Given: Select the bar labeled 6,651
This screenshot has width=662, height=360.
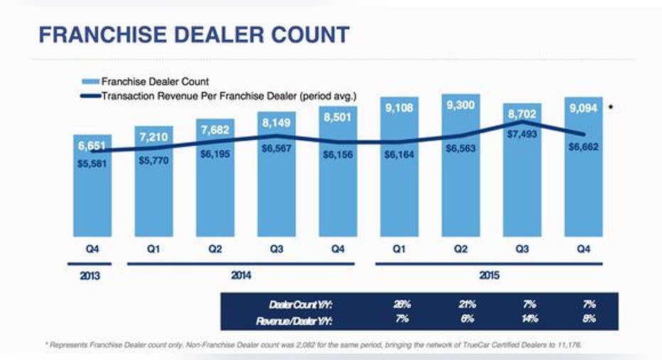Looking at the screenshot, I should (x=92, y=192).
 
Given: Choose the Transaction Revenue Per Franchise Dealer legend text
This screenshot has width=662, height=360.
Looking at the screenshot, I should (x=228, y=95).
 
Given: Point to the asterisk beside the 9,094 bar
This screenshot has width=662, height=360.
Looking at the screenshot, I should (x=611, y=107).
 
